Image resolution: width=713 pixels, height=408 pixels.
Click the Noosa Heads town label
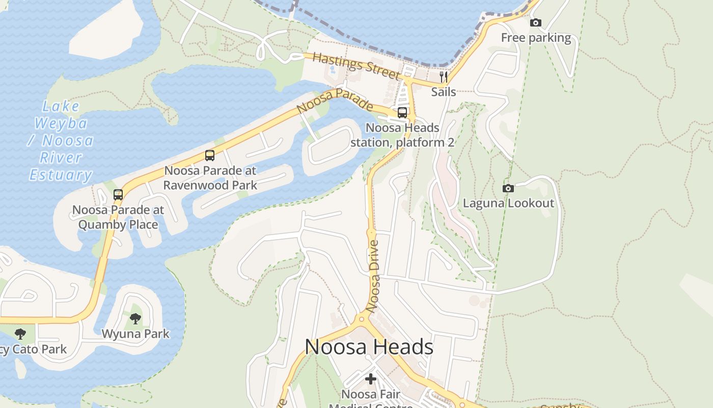click(369, 347)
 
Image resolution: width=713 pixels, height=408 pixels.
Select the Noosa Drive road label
click(373, 276)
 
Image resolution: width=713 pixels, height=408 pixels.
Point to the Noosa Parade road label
click(335, 101)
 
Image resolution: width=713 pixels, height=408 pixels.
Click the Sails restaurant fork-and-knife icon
click(444, 77)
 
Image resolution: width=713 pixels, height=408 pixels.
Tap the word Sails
click(444, 92)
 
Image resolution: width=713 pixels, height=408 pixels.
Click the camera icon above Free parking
click(536, 22)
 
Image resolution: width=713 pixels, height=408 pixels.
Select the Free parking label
click(536, 38)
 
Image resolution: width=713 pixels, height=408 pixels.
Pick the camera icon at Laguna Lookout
click(508, 188)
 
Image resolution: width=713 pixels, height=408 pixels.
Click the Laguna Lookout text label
click(508, 203)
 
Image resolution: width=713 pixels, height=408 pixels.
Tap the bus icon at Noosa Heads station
click(402, 113)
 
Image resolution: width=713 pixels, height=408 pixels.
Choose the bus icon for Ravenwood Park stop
click(210, 156)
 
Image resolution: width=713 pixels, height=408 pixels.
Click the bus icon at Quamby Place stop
click(118, 194)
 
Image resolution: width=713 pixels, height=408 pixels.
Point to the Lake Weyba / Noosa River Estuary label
click(61, 141)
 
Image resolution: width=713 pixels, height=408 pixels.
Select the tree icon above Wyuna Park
click(135, 319)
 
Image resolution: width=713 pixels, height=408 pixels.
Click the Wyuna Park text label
click(135, 334)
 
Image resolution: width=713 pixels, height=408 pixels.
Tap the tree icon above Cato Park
click(20, 334)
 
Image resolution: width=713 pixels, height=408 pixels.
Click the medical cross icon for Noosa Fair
click(371, 379)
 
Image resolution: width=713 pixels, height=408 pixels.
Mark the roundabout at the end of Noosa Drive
click(362, 319)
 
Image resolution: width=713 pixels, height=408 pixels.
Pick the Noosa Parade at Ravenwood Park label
click(210, 177)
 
